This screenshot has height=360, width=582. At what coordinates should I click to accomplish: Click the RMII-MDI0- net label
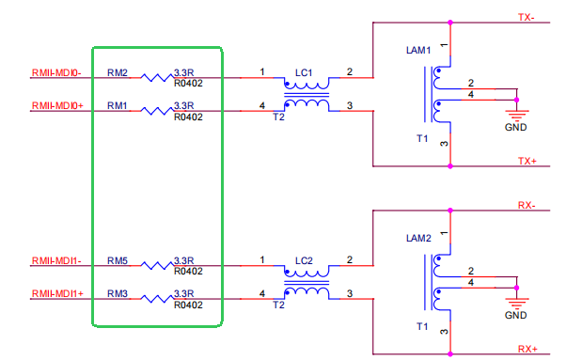(x=56, y=72)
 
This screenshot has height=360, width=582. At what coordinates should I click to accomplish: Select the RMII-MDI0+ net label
(x=57, y=106)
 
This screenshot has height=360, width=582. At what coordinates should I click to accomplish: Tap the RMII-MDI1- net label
(x=56, y=261)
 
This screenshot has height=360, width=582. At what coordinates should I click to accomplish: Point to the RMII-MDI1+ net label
(x=57, y=294)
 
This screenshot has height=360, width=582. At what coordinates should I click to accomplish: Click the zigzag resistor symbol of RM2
(x=157, y=78)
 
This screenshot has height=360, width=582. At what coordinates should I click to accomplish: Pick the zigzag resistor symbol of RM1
(x=157, y=111)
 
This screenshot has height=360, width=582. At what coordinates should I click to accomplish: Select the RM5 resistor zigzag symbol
(x=157, y=265)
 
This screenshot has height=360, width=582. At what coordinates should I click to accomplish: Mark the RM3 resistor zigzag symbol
(x=157, y=299)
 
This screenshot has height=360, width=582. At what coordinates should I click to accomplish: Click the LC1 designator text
(x=304, y=73)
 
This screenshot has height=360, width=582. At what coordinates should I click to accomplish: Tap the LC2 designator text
(x=304, y=261)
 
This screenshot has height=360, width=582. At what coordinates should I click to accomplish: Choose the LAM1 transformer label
(x=418, y=50)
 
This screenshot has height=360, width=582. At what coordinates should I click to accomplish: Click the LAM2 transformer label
(x=418, y=238)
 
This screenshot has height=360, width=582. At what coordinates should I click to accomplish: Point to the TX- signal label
(x=527, y=18)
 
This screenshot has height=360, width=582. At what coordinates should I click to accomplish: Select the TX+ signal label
(x=527, y=161)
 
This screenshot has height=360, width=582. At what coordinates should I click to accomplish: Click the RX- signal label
(x=527, y=205)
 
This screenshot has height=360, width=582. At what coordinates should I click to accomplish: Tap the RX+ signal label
(x=527, y=350)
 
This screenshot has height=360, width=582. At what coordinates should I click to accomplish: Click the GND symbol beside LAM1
(x=516, y=115)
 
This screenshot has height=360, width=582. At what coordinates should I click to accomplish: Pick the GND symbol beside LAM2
(x=516, y=303)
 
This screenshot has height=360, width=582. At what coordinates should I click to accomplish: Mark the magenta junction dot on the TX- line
(x=450, y=23)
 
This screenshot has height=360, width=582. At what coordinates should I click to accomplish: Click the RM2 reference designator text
(x=118, y=72)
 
